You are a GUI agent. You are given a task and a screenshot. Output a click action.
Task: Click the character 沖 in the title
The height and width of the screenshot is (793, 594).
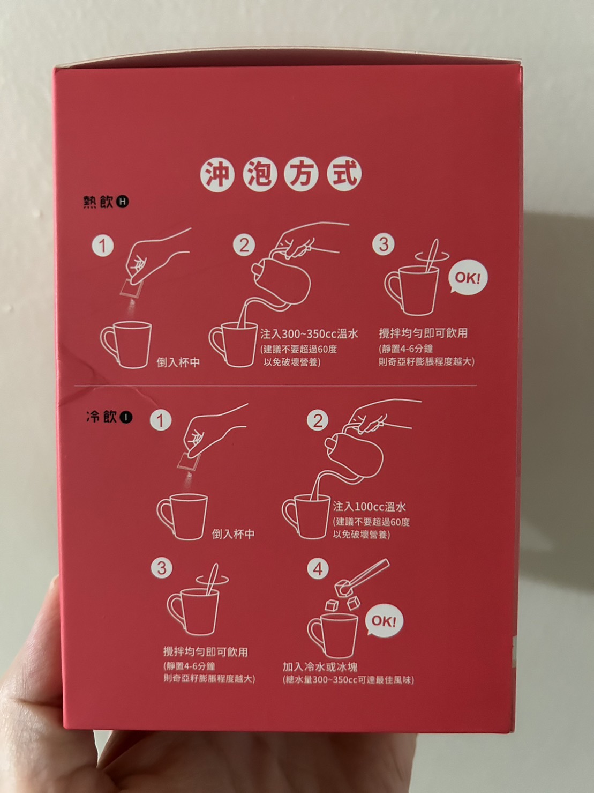pyautogui.click(x=217, y=175)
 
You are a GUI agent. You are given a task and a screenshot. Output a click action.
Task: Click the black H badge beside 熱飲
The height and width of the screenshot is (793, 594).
pyautogui.click(x=123, y=202)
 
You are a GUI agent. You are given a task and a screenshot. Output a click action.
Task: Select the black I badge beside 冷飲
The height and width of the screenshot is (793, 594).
pyautogui.click(x=126, y=417)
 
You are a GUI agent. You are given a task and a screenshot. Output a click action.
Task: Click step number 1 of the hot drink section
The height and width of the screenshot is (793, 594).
pyautogui.click(x=102, y=246)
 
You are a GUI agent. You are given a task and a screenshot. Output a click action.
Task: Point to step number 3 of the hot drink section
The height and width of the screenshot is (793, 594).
pyautogui.click(x=384, y=244)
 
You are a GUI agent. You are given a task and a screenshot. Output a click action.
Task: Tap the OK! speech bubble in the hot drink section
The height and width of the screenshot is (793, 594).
pyautogui.click(x=468, y=279)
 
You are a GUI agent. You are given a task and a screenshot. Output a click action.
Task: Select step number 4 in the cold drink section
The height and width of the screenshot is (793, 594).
pyautogui.click(x=318, y=569)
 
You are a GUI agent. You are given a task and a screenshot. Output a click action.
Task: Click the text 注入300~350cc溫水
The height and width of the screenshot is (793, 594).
pyautogui.click(x=309, y=334)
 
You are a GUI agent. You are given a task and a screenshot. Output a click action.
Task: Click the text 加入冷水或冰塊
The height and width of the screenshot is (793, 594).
pyautogui.click(x=320, y=666)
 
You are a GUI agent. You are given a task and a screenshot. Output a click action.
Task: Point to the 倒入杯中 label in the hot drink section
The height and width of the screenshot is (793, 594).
pyautogui.click(x=178, y=362)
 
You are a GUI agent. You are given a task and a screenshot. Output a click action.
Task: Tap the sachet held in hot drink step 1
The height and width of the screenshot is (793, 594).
pyautogui.click(x=132, y=288)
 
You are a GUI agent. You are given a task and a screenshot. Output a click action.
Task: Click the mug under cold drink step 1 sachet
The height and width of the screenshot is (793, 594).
pyautogui.click(x=182, y=517)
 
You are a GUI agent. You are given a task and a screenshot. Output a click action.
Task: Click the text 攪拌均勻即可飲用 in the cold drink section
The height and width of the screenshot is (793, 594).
pyautogui.click(x=206, y=652)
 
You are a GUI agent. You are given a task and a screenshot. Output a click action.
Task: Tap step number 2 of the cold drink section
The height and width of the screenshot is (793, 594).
pyautogui.click(x=318, y=420)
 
